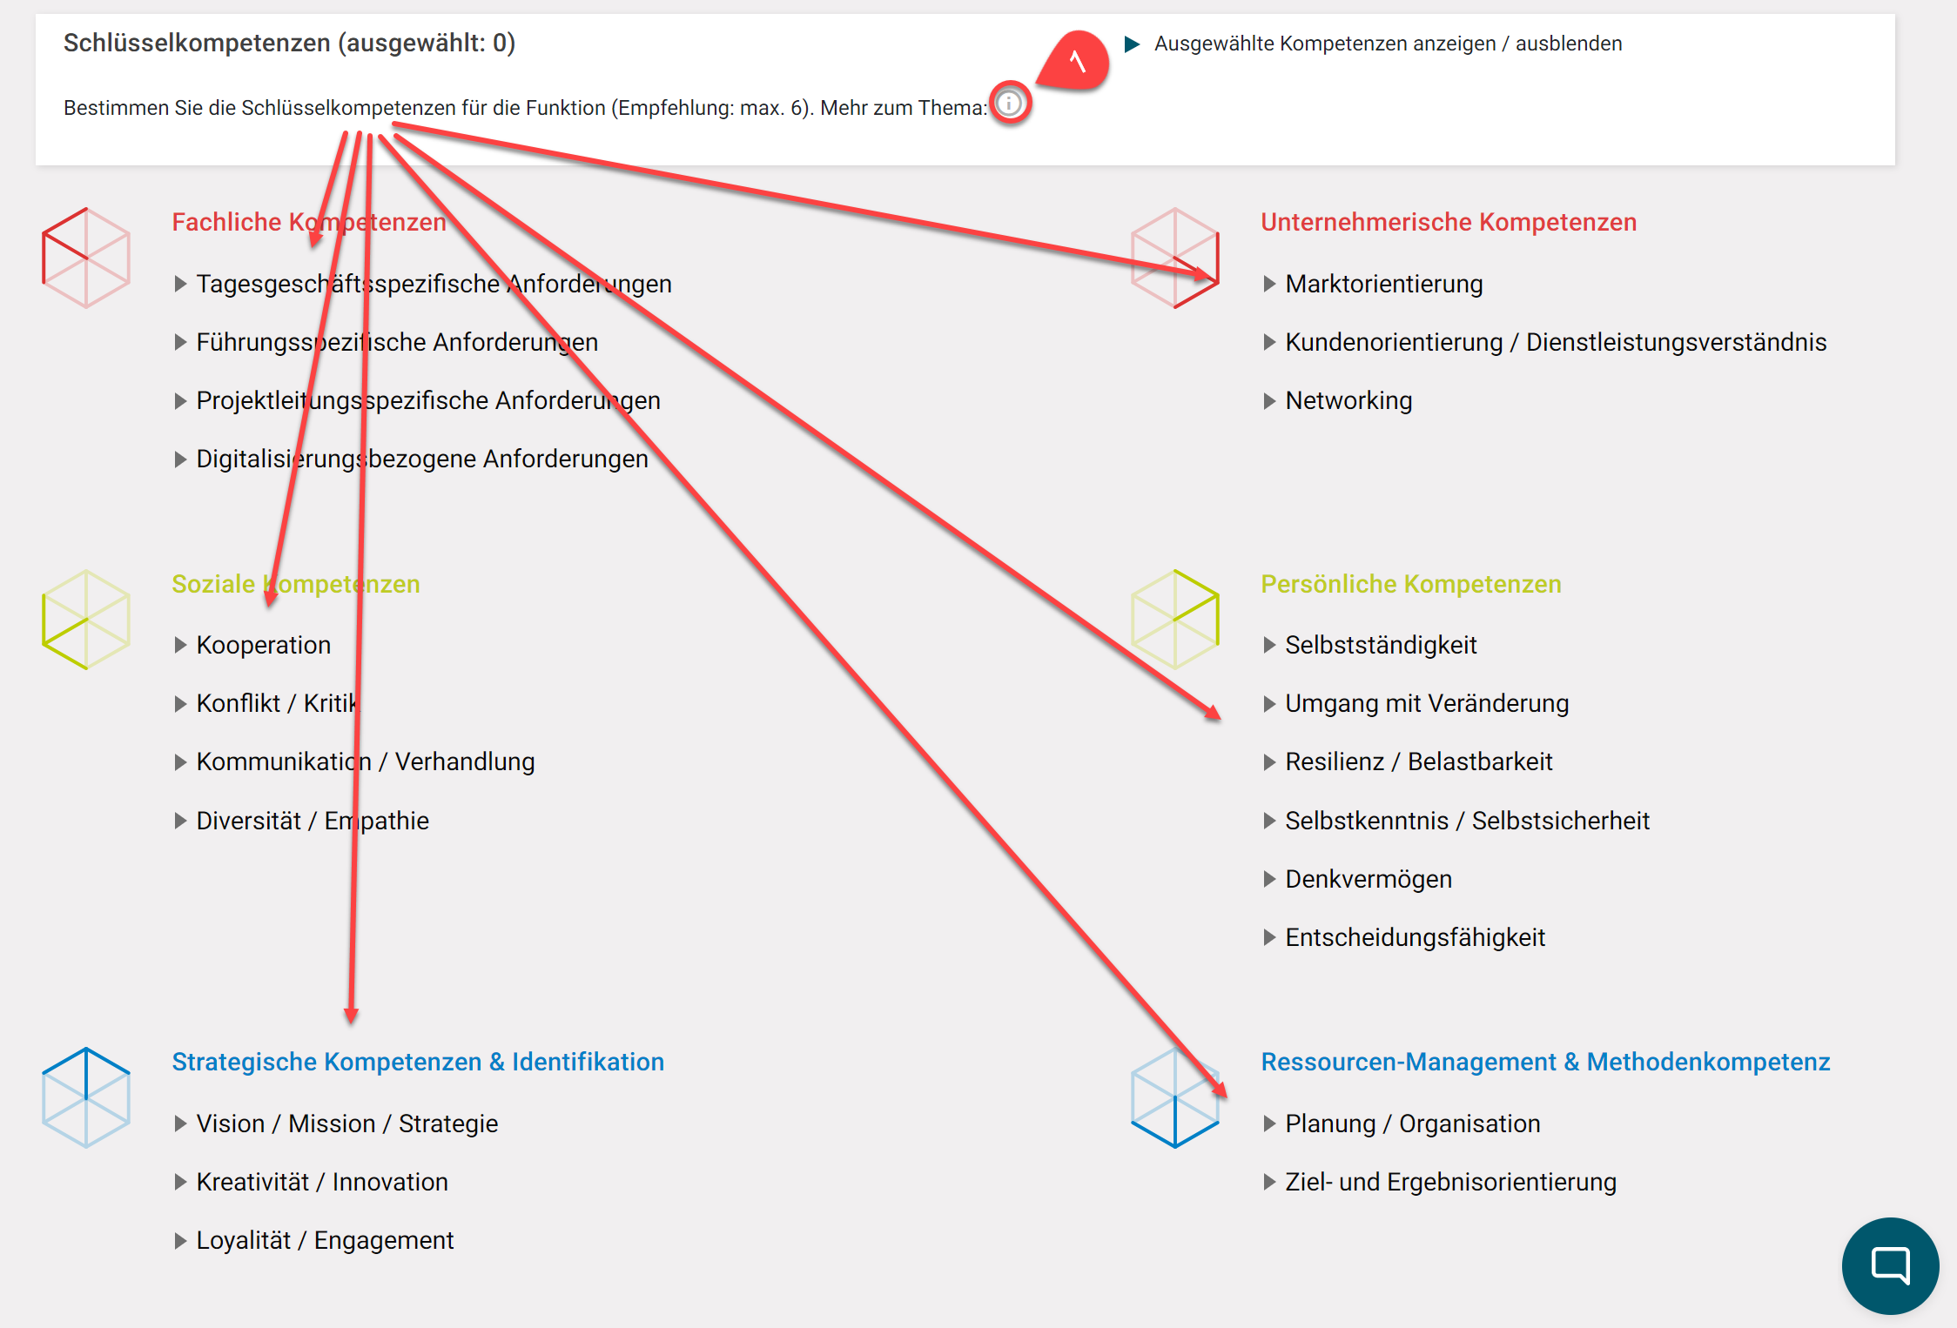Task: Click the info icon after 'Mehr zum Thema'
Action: pos(1010,104)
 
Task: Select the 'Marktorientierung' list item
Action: pos(1383,284)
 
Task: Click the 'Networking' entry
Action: pos(1348,400)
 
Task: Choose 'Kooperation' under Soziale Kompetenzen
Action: pos(263,645)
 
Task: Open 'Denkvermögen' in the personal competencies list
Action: pos(1368,879)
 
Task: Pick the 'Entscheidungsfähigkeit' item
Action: pos(1415,937)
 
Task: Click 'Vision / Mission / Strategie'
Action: pos(346,1123)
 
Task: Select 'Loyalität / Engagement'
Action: pos(324,1240)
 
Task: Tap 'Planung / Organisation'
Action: pos(1412,1123)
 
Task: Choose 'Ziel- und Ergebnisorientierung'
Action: pos(1450,1182)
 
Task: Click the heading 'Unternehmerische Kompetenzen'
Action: pos(1449,222)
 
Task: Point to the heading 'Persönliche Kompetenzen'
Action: pos(1410,584)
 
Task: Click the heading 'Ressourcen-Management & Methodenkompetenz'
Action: pos(1545,1062)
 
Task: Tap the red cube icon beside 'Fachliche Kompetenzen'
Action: pos(86,258)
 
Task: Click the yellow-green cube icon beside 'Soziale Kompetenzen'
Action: pos(86,620)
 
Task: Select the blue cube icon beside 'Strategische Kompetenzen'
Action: pos(86,1097)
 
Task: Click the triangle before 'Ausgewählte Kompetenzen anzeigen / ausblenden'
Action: pos(1132,44)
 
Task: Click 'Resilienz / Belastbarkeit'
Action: pos(1418,761)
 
